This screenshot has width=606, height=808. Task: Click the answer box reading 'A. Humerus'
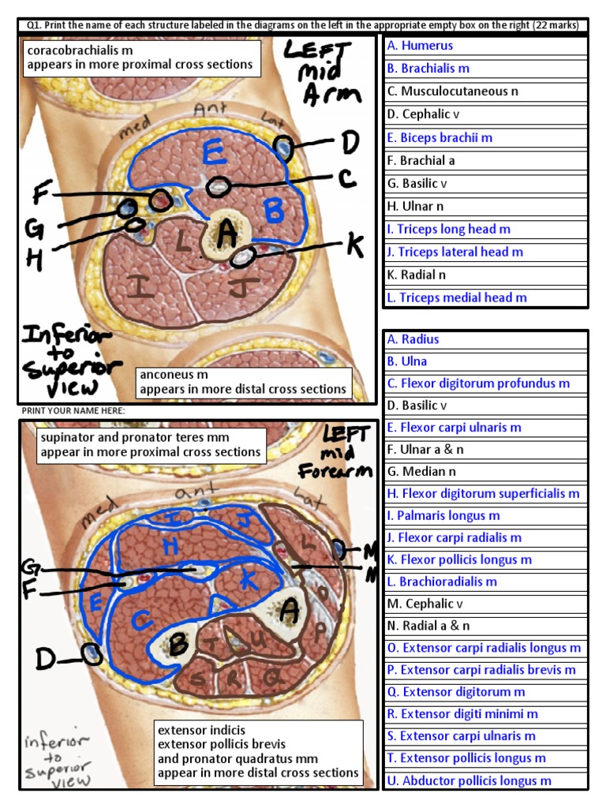pyautogui.click(x=485, y=46)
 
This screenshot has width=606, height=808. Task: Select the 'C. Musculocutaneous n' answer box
pyautogui.click(x=485, y=92)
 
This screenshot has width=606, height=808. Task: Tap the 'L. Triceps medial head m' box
pyautogui.click(x=485, y=297)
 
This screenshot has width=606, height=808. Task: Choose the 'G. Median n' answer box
pyautogui.click(x=485, y=471)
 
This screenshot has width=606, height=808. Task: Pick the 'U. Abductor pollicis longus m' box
pyautogui.click(x=485, y=780)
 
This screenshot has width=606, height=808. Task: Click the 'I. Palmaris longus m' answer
pyautogui.click(x=485, y=515)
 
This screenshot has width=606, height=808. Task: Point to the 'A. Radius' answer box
pyautogui.click(x=485, y=339)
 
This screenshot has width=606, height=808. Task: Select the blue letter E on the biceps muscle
pyautogui.click(x=211, y=151)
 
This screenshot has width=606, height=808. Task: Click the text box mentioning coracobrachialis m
pyautogui.click(x=140, y=58)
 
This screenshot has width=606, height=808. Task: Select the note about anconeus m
pyautogui.click(x=243, y=382)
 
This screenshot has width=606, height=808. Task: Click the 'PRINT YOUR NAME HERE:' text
pyautogui.click(x=73, y=411)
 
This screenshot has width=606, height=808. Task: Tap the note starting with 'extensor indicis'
pyautogui.click(x=258, y=751)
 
